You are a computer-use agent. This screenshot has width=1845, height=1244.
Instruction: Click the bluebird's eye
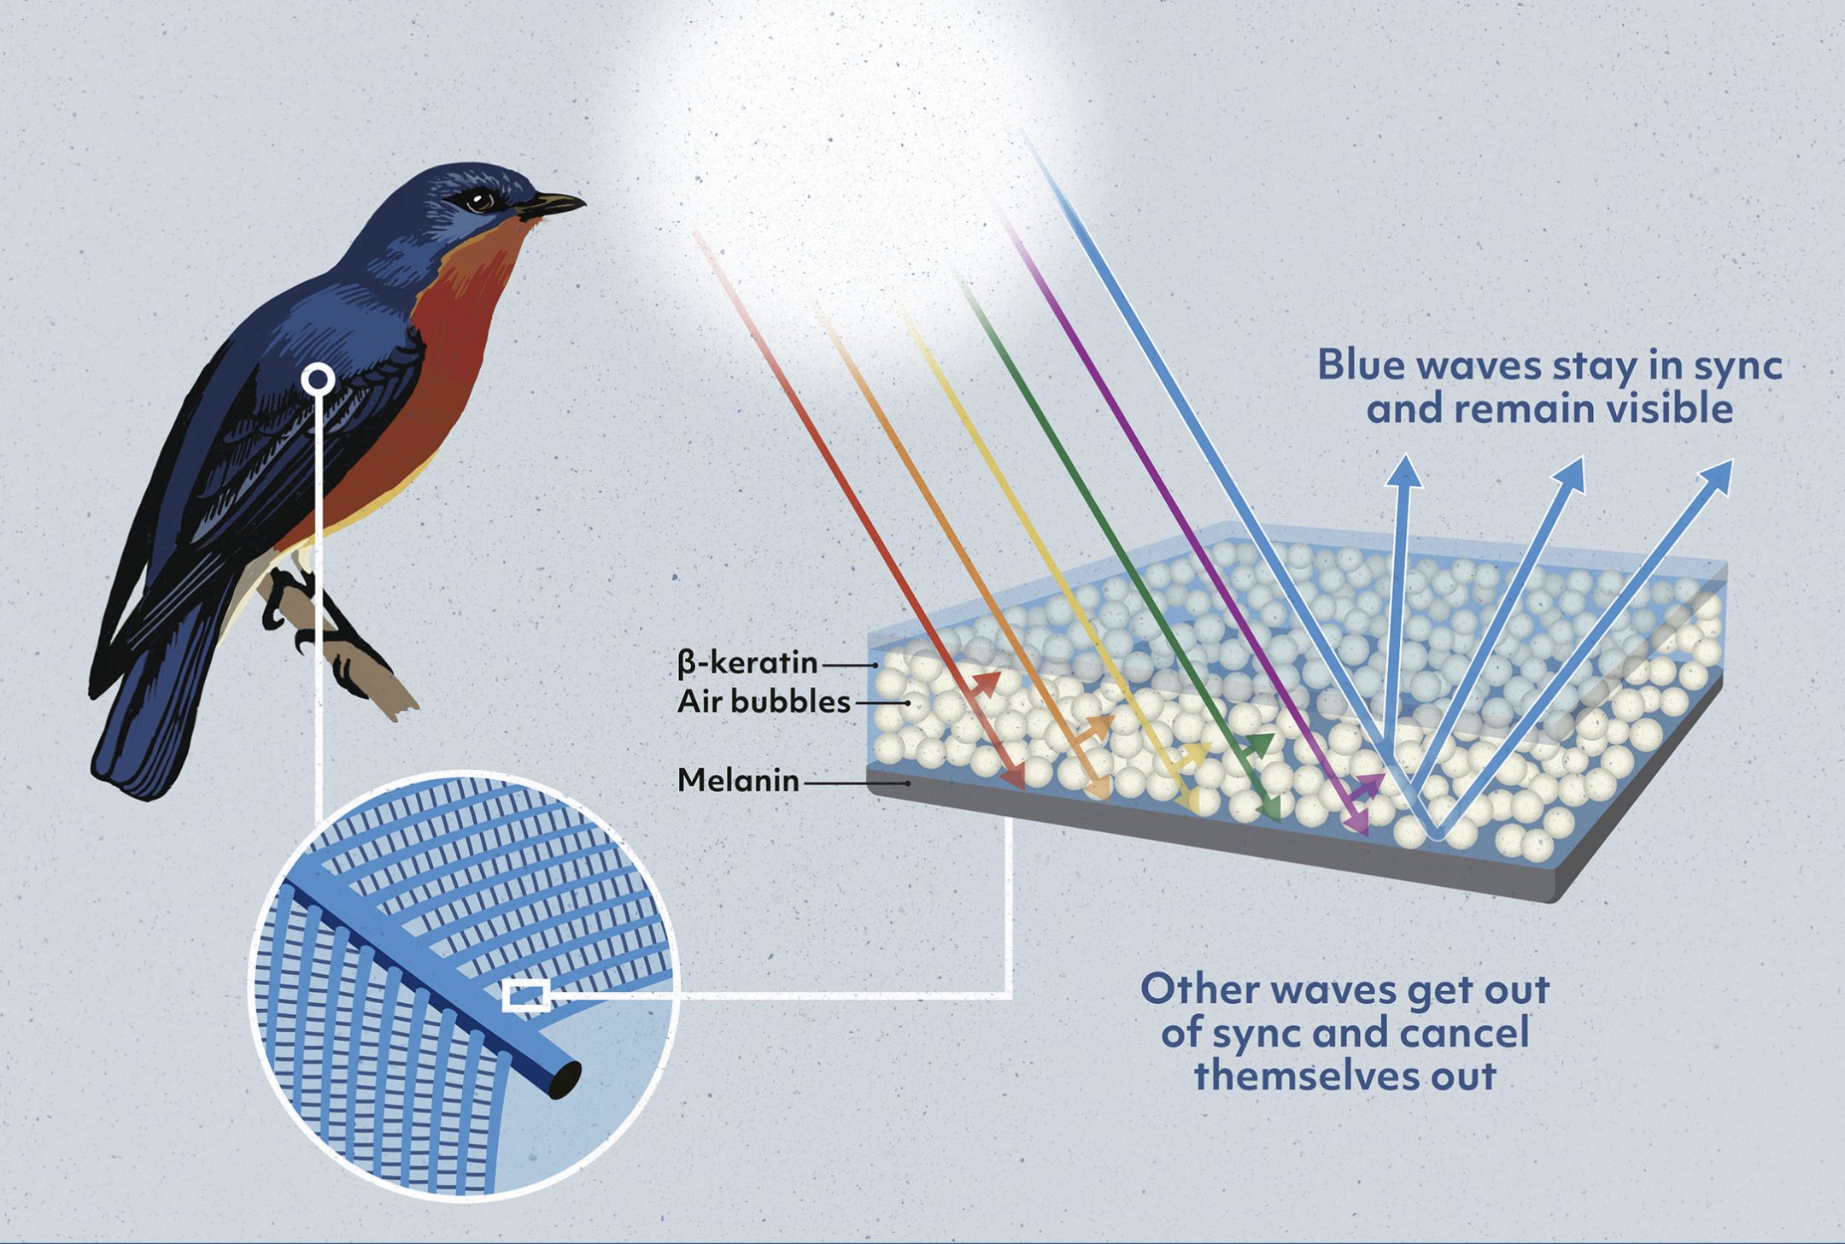pos(480,201)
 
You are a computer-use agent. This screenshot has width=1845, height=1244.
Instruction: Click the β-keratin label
pos(747,663)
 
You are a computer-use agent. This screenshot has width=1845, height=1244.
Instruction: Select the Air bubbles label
pos(764,702)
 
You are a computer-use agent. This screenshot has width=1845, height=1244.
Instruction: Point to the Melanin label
pos(738,780)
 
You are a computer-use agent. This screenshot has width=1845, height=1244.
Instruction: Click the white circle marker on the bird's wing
pos(319,378)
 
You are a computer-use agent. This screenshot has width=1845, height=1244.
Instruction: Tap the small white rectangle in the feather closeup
pos(525,996)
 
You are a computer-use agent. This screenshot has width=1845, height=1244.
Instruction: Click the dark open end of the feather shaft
pos(565,1080)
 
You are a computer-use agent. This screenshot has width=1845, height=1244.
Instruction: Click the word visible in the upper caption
pos(1669,408)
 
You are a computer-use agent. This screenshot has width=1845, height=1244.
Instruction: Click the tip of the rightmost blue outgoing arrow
pos(1731,462)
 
